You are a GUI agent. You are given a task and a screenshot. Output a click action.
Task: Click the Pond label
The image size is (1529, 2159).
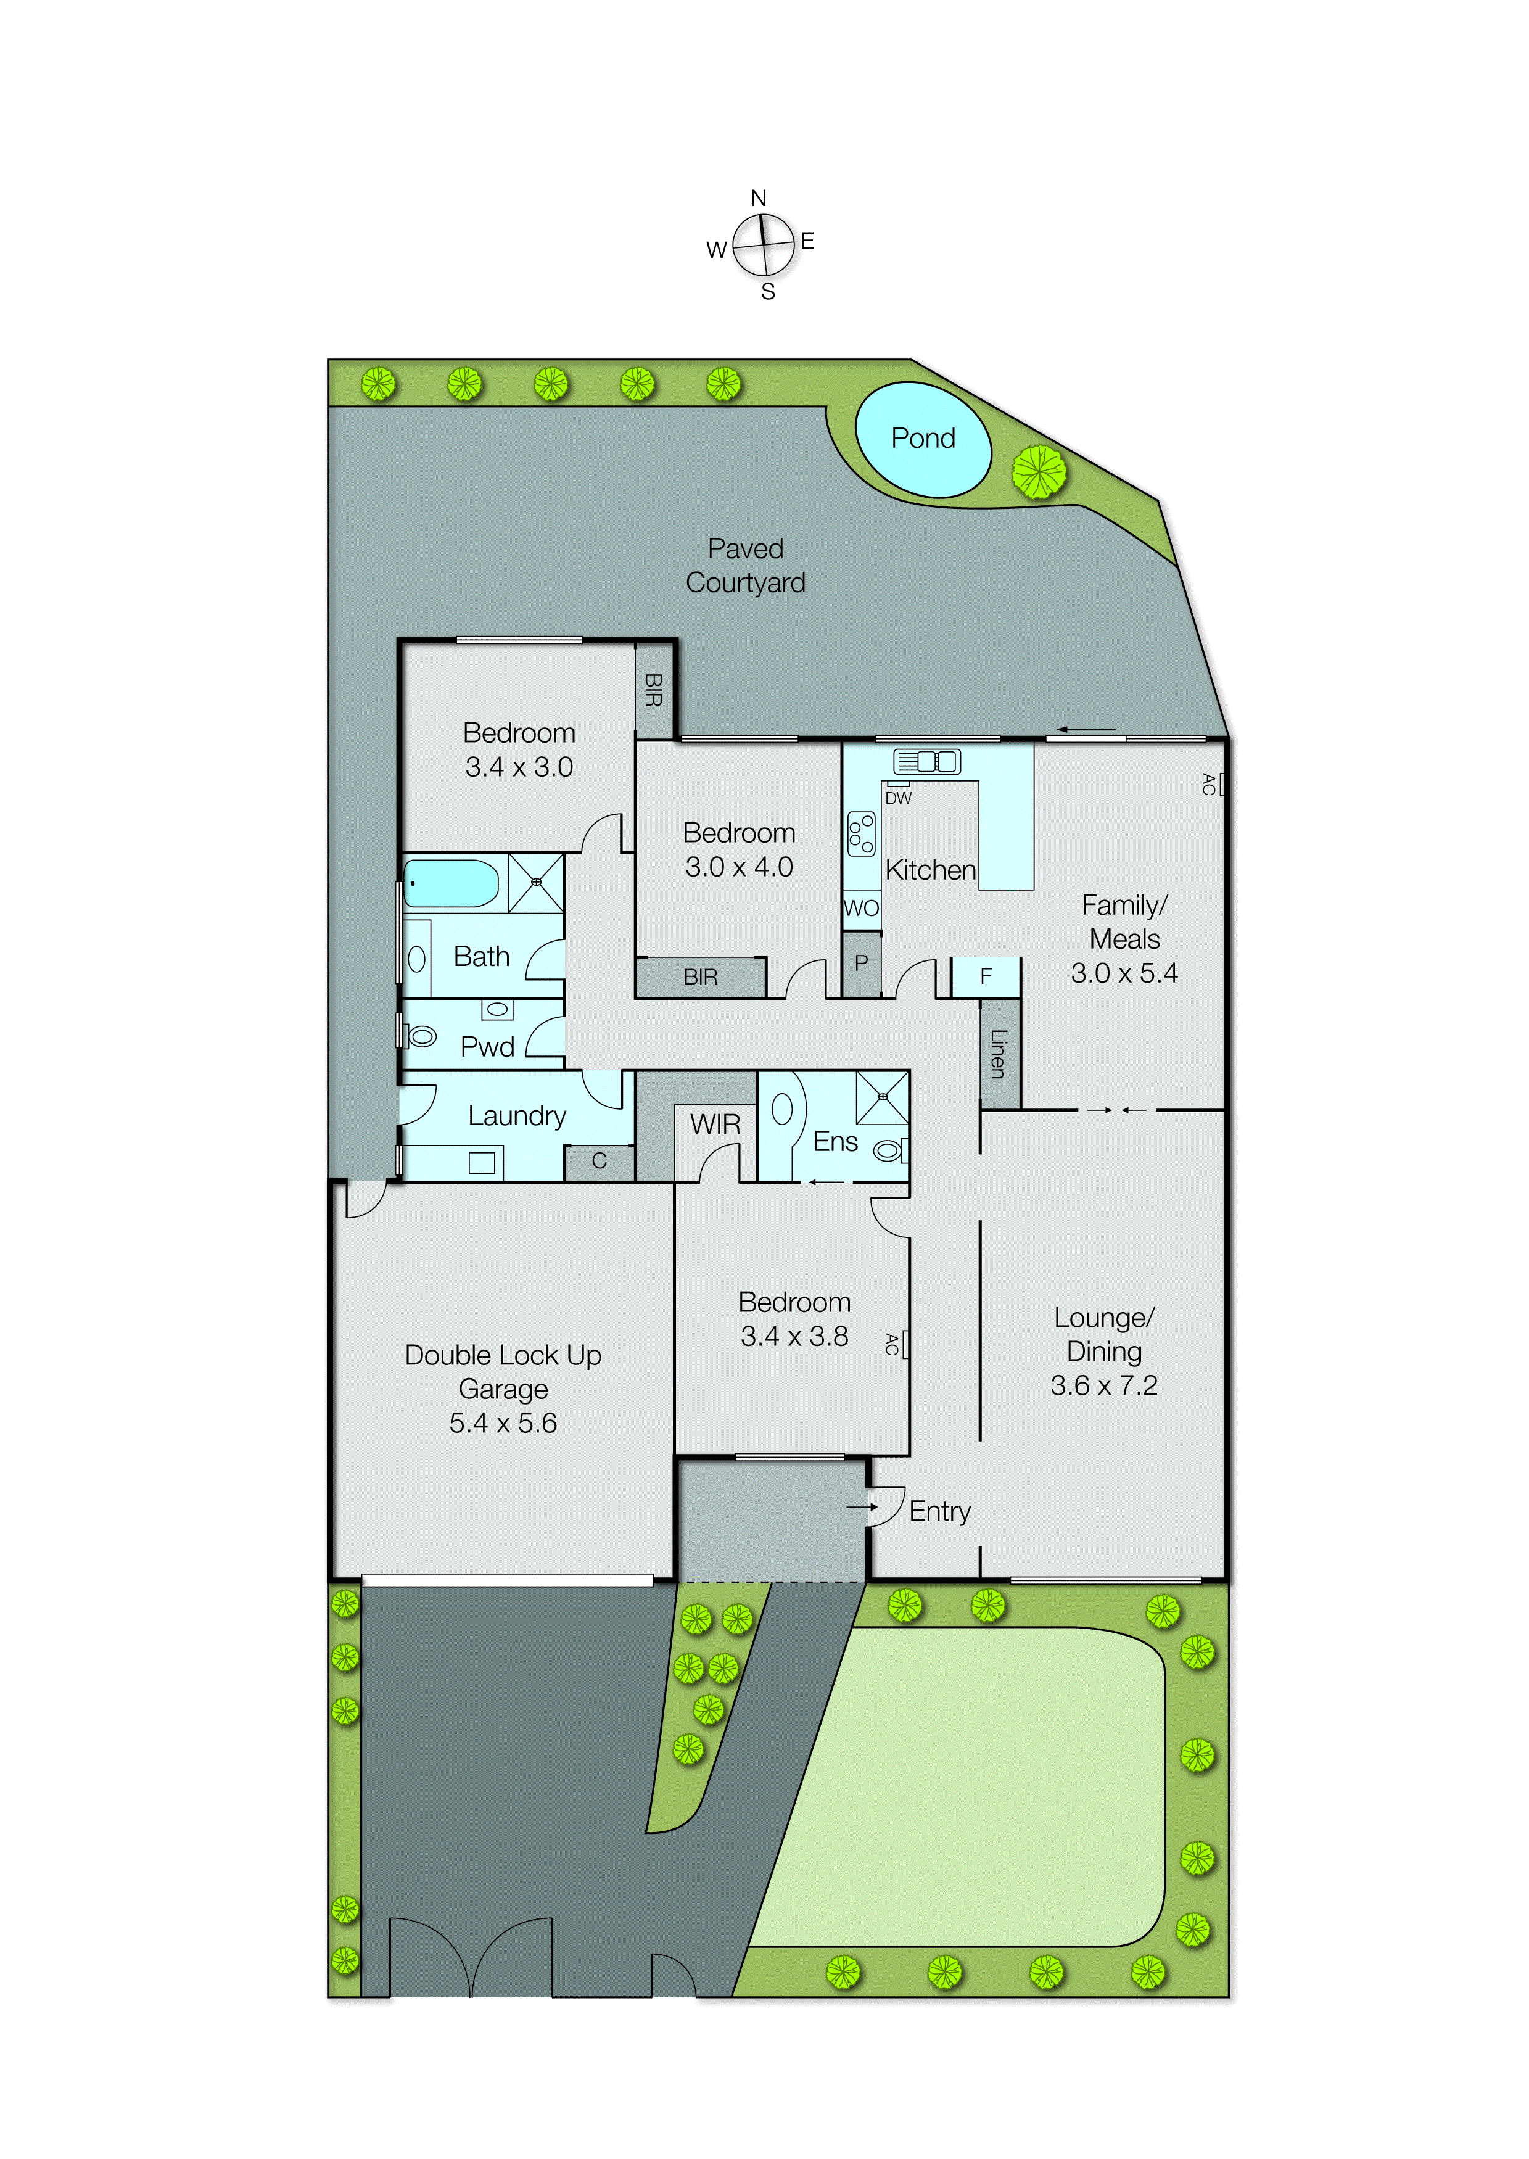(923, 439)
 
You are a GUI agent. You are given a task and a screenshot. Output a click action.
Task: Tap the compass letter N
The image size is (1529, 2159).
(758, 198)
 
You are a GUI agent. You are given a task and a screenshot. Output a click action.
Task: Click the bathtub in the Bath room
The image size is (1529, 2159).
(450, 883)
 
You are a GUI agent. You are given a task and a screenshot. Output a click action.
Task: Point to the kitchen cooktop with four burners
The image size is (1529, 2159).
(860, 834)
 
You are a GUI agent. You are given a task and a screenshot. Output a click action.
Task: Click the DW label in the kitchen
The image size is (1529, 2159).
(898, 798)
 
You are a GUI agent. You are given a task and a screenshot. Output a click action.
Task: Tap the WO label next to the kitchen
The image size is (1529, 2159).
(860, 909)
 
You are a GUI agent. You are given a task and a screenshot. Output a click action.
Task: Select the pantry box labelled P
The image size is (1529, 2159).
(860, 963)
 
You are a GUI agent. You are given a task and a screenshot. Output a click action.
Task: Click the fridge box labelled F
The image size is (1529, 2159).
(985, 976)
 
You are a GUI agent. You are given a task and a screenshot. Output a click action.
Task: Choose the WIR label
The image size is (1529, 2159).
(715, 1125)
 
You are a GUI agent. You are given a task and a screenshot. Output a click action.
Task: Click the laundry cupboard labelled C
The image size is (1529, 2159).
(599, 1161)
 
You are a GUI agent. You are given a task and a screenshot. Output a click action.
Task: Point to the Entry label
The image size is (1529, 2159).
(939, 1511)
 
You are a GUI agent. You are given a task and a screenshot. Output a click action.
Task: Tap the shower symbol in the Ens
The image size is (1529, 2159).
(882, 1097)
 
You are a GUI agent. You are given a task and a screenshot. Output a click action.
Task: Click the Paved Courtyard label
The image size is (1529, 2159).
(744, 565)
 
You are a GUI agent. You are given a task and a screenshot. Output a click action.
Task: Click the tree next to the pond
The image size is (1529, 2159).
(1039, 472)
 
